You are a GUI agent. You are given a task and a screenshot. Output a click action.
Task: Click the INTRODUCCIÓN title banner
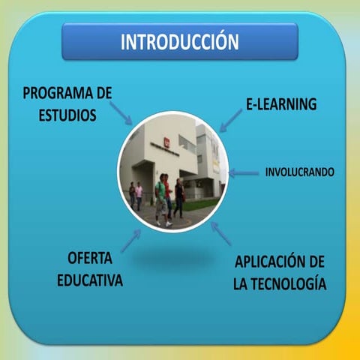180,41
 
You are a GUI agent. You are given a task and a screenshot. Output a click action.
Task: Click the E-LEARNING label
281,105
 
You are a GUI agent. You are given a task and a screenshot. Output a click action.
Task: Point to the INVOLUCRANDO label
299,172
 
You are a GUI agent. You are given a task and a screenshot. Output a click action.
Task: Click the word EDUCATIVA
89,281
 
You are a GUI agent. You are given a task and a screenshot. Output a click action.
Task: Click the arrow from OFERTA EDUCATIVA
130,240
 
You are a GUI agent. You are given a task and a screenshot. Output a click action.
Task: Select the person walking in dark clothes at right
179,197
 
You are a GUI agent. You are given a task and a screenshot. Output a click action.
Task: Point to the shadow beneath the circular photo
175,259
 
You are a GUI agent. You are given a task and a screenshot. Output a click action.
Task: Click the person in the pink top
139,195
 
